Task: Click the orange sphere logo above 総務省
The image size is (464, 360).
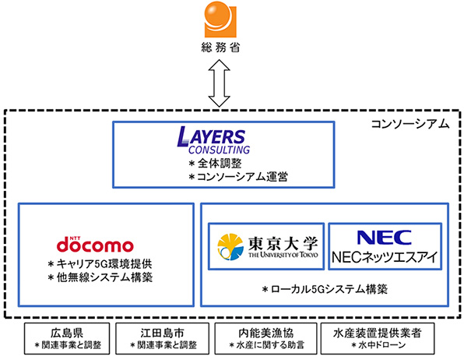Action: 220,19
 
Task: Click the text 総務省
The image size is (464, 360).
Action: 220,47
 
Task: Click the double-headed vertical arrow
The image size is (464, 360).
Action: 220,83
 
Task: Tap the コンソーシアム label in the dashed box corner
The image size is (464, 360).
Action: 410,124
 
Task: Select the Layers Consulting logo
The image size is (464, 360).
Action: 213,140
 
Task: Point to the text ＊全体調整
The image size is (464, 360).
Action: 215,164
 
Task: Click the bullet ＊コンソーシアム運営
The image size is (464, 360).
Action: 238,177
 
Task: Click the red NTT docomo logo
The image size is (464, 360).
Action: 95,244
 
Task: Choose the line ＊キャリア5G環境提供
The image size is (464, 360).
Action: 100,263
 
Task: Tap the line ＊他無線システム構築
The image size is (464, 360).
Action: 100,277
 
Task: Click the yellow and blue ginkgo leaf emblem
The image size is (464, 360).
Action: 230,247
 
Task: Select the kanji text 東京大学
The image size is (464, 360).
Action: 283,244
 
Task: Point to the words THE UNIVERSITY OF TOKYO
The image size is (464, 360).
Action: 283,255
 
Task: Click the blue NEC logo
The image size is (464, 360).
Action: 385,238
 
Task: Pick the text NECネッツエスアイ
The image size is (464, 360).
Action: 385,257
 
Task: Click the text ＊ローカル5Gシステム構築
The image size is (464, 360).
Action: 325,289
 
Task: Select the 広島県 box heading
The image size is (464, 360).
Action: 67,333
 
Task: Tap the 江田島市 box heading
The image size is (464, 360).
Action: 162,333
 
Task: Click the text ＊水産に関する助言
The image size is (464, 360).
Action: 266,345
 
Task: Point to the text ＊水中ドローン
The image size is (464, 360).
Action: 378,345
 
